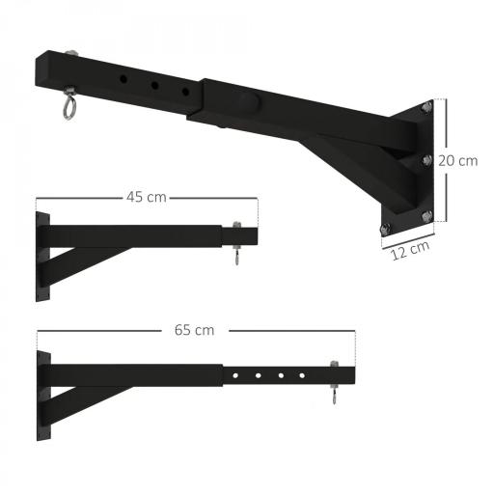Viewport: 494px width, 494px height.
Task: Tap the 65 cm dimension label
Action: click(x=195, y=330)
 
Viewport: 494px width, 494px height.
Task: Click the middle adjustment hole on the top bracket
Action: click(x=153, y=86)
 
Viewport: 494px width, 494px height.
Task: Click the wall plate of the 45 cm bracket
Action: click(x=41, y=256)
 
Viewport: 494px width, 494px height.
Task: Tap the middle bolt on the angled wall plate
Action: click(x=425, y=160)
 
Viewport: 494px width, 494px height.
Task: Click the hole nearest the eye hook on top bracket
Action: click(x=123, y=77)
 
